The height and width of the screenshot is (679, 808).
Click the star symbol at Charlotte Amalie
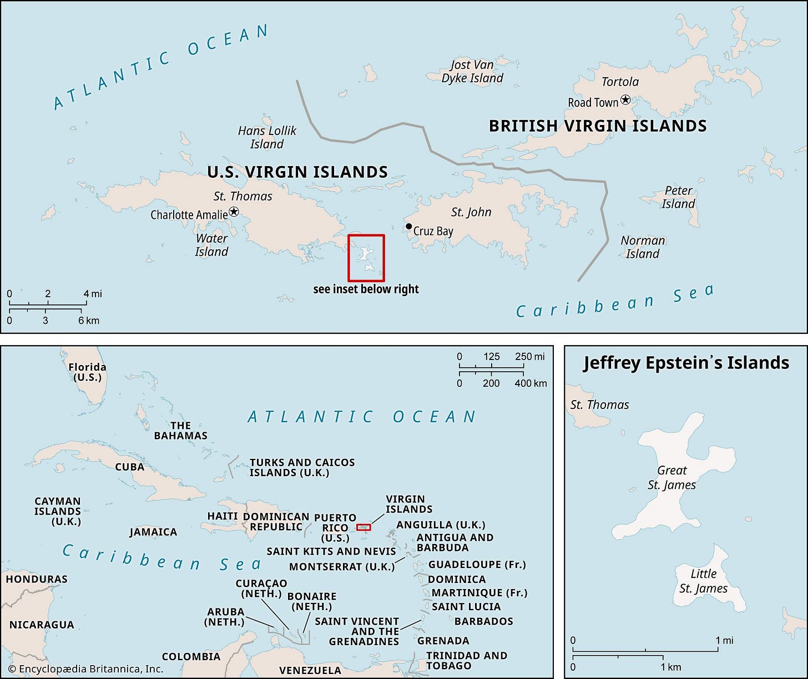coord(234,212)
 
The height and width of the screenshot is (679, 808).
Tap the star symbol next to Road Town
coord(625,99)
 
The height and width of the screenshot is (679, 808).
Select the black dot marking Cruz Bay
coord(408,226)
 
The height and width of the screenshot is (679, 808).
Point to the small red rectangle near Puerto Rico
coord(363,527)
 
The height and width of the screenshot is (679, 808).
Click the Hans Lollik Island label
coord(267,137)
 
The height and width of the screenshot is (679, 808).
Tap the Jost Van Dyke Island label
coord(472,72)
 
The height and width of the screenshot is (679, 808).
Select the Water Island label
coord(211,245)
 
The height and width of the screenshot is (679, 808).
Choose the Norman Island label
coord(643,247)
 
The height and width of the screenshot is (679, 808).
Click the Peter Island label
coord(678,197)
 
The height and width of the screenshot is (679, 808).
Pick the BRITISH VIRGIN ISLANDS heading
coord(598,126)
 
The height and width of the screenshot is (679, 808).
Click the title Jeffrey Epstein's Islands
coord(686,363)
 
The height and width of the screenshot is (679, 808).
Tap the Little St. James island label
coord(703,581)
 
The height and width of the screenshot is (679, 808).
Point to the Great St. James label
coord(671,478)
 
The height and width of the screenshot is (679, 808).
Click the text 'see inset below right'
coord(366,289)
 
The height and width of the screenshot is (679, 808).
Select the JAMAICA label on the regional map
coord(153,532)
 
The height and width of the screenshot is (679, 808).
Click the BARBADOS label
coord(483,621)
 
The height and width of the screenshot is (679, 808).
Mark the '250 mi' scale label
coord(529,357)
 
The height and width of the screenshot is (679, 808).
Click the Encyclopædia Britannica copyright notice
coord(85,669)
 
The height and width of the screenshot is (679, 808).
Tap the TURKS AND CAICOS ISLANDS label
coord(302,467)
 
